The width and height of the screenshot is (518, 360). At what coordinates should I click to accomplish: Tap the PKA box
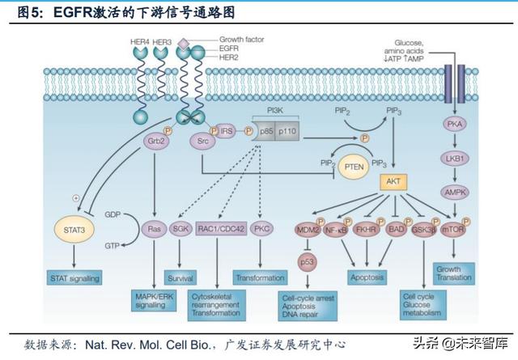point(453,124)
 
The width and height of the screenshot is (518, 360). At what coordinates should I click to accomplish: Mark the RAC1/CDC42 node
point(218,229)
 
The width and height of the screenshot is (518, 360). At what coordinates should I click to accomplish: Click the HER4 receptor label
point(137,40)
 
